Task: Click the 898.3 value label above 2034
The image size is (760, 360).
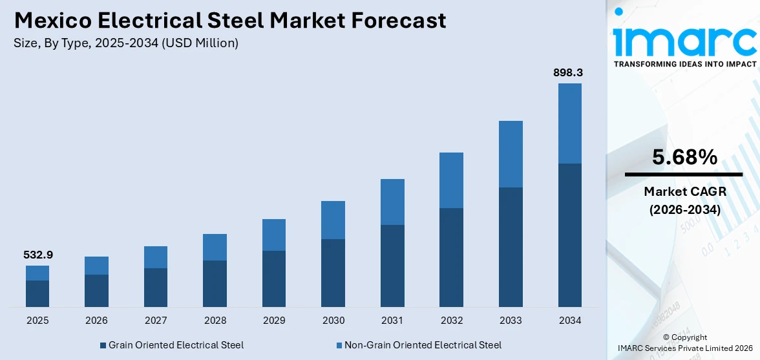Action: (569, 73)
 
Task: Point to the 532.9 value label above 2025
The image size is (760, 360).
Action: (37, 255)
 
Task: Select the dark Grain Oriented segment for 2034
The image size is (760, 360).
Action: (569, 235)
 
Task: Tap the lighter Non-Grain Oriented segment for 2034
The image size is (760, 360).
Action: (569, 123)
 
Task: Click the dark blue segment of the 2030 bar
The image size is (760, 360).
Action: (333, 273)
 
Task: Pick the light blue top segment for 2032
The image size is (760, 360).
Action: (451, 180)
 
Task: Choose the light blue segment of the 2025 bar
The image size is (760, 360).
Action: (37, 273)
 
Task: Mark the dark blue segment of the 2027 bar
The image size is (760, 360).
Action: (156, 287)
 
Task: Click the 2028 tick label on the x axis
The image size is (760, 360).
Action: (215, 320)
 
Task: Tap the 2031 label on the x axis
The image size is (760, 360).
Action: (392, 320)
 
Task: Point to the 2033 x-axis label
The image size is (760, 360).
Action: (511, 320)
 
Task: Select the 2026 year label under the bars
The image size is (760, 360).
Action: (96, 320)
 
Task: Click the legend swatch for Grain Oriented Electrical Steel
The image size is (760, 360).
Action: (103, 345)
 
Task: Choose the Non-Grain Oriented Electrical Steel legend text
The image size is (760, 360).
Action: (423, 345)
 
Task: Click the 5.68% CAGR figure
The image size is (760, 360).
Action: (684, 157)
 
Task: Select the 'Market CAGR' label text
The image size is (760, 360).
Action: (684, 191)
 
